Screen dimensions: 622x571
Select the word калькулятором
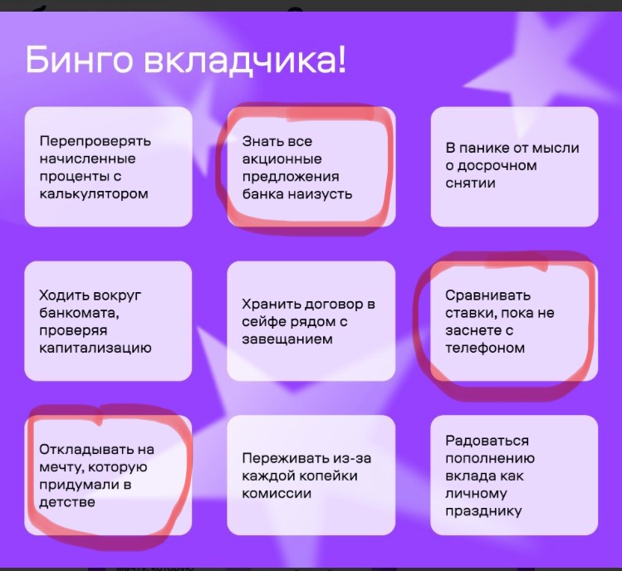pyautogui.click(x=94, y=194)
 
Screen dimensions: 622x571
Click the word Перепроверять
pyautogui.click(x=96, y=141)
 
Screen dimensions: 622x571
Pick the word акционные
pyautogui.click(x=282, y=159)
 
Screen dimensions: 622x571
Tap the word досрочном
pyautogui.click(x=497, y=166)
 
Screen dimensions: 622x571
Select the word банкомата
pyautogui.click(x=79, y=313)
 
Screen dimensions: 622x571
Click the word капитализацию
pyautogui.click(x=96, y=348)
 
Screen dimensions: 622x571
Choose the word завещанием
pyautogui.click(x=287, y=339)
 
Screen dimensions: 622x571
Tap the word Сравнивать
pyautogui.click(x=487, y=295)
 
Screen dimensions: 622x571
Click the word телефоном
pyautogui.click(x=485, y=348)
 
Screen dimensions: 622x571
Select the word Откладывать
pyautogui.click(x=86, y=449)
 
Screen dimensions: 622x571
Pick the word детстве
pyautogui.click(x=67, y=502)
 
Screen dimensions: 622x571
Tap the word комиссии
pyautogui.click(x=277, y=494)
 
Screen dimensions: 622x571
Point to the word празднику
pyautogui.click(x=483, y=511)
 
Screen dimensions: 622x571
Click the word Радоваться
pyautogui.click(x=487, y=441)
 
